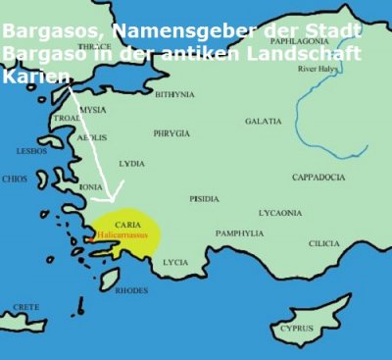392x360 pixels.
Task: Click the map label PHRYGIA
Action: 171,132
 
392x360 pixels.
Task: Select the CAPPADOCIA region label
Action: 318,177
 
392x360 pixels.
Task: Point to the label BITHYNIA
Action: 174,95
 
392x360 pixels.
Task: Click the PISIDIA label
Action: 204,199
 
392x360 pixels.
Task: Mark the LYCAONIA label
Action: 280,212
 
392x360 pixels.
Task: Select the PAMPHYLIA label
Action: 240,233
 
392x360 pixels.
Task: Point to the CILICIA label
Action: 323,242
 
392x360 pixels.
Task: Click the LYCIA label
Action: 175,262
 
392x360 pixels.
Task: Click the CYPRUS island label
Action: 296,329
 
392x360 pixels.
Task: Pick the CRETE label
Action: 26,307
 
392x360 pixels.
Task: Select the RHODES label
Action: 131,290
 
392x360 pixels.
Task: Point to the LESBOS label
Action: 31,151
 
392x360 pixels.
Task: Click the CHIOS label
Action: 15,180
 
